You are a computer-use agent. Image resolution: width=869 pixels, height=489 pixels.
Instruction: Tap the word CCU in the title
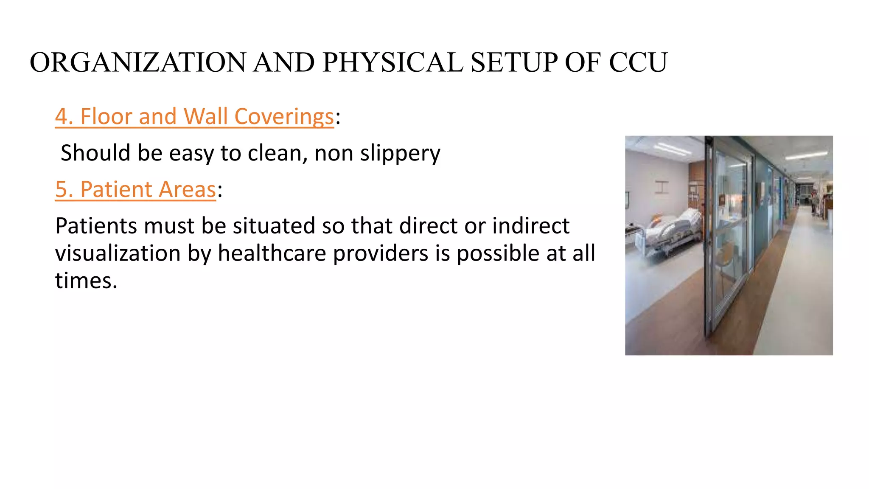click(638, 63)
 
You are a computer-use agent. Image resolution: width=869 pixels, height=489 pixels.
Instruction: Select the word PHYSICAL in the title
click(392, 63)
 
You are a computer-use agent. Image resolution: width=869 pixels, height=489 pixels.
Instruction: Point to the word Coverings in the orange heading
click(284, 117)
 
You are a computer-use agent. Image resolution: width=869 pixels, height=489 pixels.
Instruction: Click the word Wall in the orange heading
click(206, 117)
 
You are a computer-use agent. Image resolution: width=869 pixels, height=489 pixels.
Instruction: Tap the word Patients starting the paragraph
click(96, 226)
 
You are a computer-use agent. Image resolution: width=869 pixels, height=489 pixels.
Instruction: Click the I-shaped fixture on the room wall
click(662, 187)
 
